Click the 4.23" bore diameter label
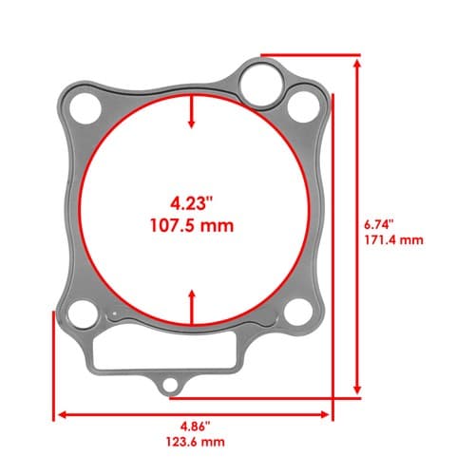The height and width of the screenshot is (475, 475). coord(191,203)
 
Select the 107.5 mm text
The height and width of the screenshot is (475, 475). coord(192,226)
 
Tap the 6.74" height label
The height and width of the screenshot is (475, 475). coord(379,224)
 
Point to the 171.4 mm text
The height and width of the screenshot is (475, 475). coord(393,239)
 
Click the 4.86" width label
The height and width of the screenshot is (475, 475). coord(196,427)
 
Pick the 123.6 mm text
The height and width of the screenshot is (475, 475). coord(196,442)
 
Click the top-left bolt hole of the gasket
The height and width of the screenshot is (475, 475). coord(85,108)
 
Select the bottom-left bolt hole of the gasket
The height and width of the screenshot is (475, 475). coord(83,314)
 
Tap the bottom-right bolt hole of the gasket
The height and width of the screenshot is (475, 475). coord(298,313)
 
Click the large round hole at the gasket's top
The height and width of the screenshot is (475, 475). coord(261,85)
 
